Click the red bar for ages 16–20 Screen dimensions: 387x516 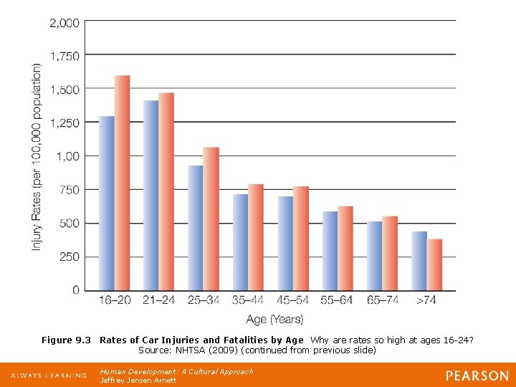coord(123,183)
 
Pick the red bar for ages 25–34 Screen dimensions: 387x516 coord(211,219)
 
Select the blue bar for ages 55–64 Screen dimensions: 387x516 coord(330,251)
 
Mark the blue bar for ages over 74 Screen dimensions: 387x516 coord(419,261)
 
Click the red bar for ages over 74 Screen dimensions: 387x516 coord(435,264)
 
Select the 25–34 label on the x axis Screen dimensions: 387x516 coord(203,300)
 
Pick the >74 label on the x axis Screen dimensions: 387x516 coord(426,300)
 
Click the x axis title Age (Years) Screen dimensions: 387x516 coord(274,319)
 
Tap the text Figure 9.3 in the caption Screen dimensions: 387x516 coord(67,340)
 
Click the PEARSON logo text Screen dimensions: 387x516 coord(477,376)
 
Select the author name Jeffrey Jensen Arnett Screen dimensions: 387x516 coord(138,380)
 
